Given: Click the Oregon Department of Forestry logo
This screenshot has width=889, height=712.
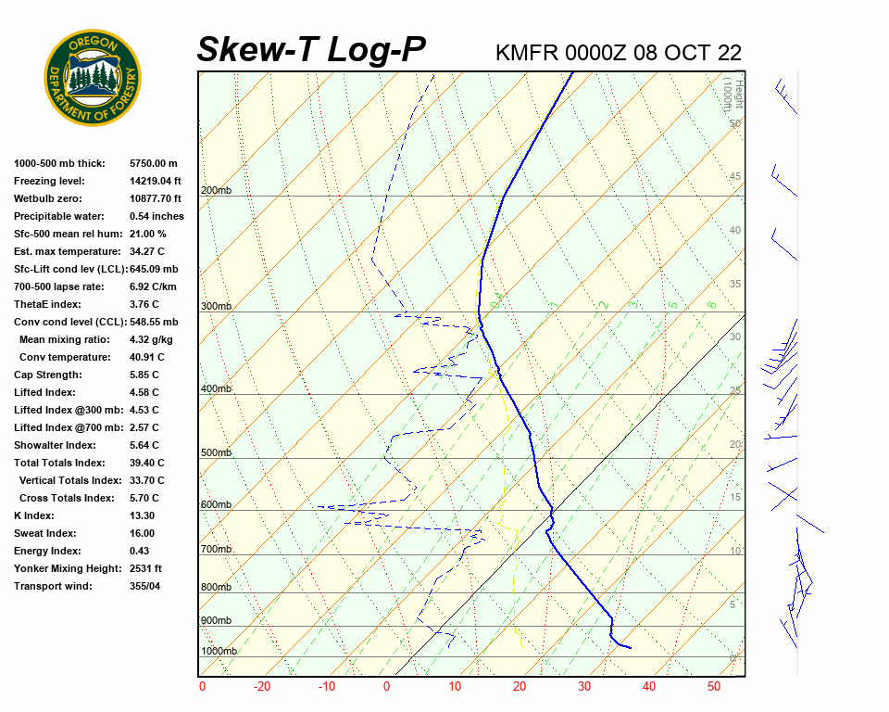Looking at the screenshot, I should [x=93, y=78].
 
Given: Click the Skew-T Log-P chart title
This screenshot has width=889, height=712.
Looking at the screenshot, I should [x=311, y=49].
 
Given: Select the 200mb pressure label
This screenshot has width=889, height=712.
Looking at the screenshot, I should [x=216, y=191].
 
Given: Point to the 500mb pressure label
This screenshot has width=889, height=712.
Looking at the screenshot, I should [x=216, y=453].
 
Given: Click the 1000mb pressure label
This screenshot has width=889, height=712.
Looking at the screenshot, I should [x=219, y=652].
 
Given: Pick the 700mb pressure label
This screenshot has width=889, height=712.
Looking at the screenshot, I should [x=216, y=550].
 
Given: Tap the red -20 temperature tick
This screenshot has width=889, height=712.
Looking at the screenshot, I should [x=263, y=687].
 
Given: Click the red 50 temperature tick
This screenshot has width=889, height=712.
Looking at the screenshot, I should [x=714, y=687].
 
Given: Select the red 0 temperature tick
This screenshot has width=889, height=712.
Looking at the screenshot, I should [x=387, y=687].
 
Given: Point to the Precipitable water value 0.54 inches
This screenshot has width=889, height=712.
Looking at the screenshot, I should [x=157, y=217].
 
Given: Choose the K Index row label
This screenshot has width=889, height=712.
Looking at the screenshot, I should [x=34, y=516].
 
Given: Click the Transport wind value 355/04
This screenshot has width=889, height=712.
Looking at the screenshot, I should [x=145, y=587].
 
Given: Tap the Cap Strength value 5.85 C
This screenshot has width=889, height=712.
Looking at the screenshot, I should [x=144, y=375].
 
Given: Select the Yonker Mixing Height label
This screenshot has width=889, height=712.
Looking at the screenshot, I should [x=62, y=569].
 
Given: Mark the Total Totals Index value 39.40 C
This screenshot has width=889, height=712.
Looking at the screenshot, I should [x=147, y=464].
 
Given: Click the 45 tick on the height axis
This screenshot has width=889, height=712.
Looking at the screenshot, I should [x=735, y=177].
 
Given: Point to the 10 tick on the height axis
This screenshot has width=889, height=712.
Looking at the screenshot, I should [x=735, y=552].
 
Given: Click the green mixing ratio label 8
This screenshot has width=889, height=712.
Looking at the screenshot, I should [x=711, y=304].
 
